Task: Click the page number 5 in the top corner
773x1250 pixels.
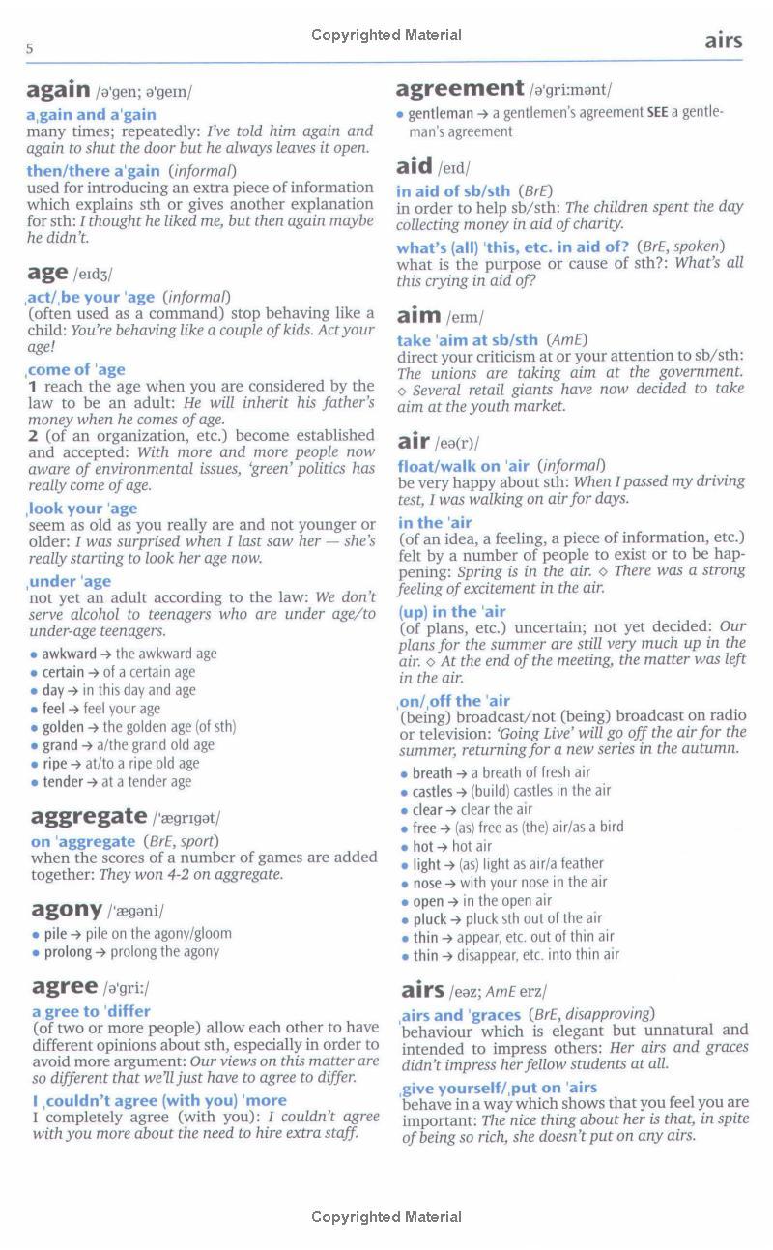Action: [30, 48]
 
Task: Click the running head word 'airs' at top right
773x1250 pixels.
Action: [723, 40]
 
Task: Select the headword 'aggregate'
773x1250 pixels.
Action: [89, 817]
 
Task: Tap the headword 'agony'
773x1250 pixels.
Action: [67, 909]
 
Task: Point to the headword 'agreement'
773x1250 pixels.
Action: [459, 88]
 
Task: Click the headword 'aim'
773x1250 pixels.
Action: [418, 315]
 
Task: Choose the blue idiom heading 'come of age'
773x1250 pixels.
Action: [76, 369]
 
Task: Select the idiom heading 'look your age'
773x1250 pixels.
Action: [83, 508]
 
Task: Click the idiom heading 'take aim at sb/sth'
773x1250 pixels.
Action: [468, 339]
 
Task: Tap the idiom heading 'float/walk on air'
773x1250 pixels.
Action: [464, 465]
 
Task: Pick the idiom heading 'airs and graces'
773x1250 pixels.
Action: [461, 1014]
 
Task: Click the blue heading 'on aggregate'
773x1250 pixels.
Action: [83, 841]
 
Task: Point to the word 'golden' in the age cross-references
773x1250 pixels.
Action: [63, 727]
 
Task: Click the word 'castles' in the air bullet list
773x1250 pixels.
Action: [433, 791]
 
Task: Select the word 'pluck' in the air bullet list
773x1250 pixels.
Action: [430, 918]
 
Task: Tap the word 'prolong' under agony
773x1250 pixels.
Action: [68, 951]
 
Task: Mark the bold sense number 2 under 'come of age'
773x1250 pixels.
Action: [33, 435]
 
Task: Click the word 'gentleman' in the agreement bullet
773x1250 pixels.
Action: [441, 113]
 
